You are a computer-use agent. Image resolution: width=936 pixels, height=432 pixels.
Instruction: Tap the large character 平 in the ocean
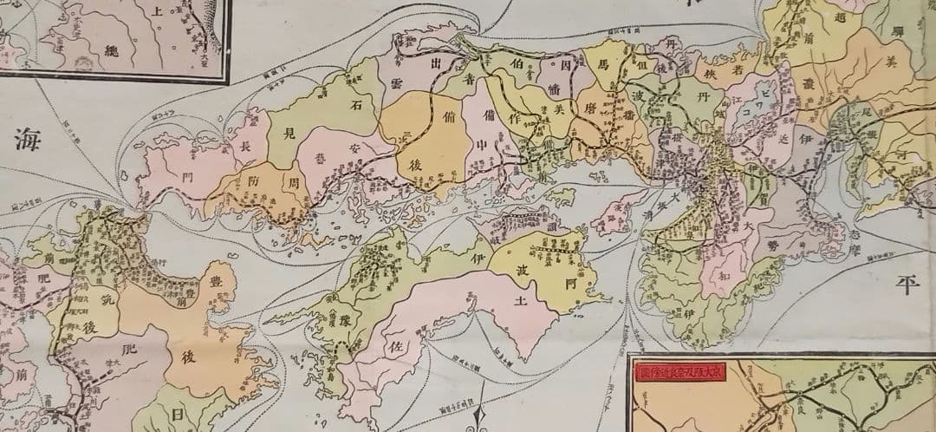[x=906, y=285]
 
